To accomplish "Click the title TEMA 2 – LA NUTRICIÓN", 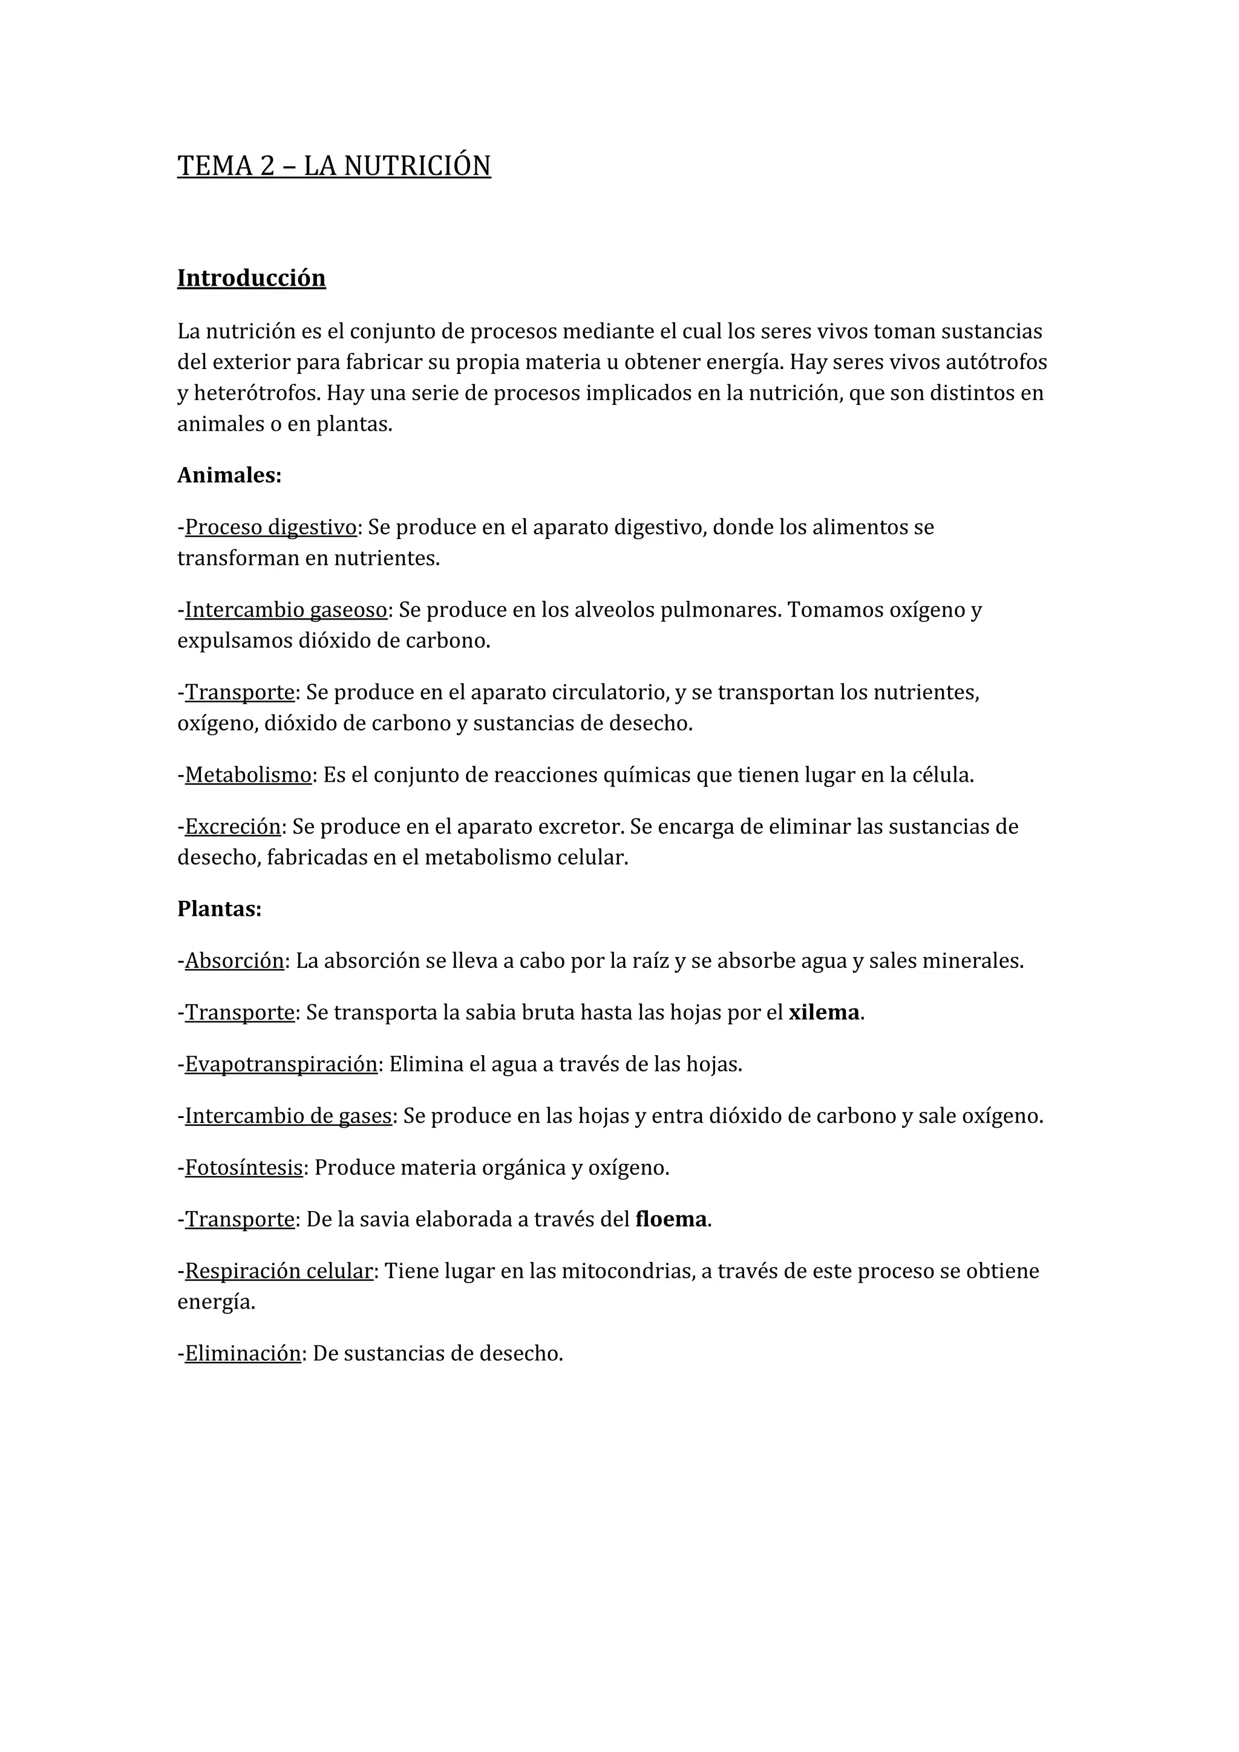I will (333, 166).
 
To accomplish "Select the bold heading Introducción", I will (251, 278).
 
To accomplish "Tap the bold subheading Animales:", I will (229, 476).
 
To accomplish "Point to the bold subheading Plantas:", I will (219, 909).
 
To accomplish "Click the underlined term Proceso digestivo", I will (271, 528).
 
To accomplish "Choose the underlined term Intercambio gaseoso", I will (286, 610).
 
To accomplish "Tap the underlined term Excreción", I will (233, 826).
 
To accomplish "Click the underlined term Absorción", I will (234, 961).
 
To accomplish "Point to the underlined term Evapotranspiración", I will (281, 1065).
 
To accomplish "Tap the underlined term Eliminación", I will (243, 1355).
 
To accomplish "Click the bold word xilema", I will (824, 1013).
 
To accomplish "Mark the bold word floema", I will (670, 1220).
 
